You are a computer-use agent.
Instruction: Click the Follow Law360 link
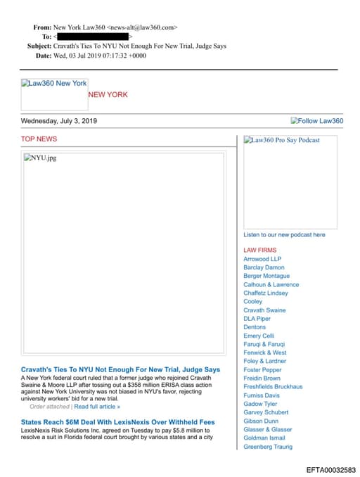coord(317,121)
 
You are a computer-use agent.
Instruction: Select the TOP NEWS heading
coord(39,139)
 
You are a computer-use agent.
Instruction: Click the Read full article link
coord(97,407)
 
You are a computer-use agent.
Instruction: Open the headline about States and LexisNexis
coord(118,422)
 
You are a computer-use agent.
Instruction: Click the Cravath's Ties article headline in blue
coord(120,369)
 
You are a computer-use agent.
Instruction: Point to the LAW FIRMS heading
coord(260,250)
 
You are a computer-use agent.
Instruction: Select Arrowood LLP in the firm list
coord(262,259)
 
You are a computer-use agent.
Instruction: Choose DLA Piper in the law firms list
coord(257,319)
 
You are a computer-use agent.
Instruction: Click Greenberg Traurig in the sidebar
coord(267,447)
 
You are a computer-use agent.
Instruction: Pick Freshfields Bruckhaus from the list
coord(273,387)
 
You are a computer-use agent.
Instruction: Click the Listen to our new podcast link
coord(284,235)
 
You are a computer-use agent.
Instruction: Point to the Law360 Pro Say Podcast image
coord(282,141)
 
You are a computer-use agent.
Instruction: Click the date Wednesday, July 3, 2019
coord(59,121)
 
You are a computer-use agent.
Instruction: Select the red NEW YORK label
coord(108,95)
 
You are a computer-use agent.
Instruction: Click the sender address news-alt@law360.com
coord(142,27)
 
